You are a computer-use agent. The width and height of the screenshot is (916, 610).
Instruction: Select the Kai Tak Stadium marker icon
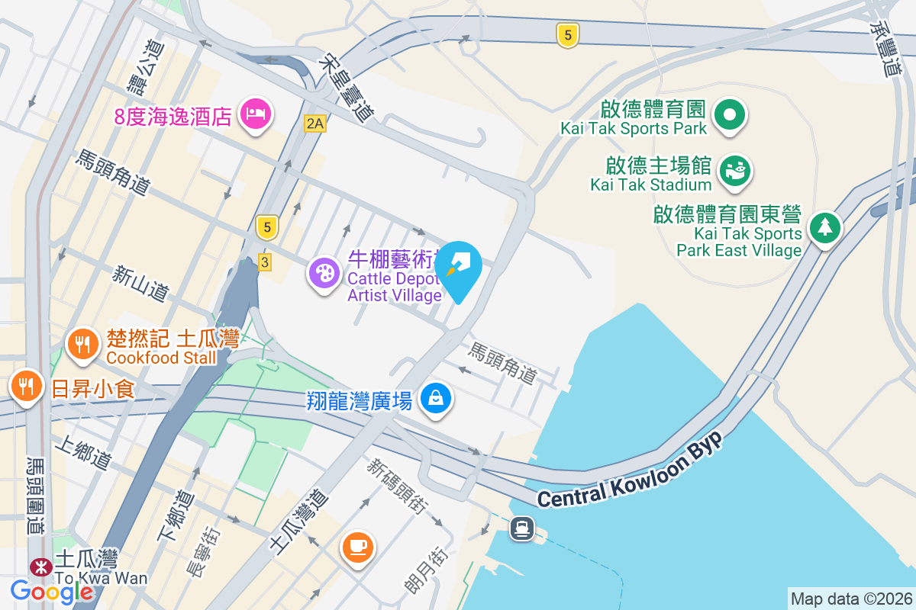(x=736, y=169)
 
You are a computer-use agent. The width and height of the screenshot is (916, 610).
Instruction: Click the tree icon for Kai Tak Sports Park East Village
(x=824, y=227)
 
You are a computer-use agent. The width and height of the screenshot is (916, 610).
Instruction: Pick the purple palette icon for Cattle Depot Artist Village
(x=325, y=273)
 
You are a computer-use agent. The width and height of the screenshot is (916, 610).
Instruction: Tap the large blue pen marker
(x=460, y=267)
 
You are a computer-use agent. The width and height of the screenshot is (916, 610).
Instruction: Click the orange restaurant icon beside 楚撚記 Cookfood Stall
(x=82, y=344)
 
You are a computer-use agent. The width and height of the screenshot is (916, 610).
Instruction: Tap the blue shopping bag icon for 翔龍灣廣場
(x=436, y=398)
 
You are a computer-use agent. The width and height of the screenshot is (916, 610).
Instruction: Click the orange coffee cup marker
(x=358, y=546)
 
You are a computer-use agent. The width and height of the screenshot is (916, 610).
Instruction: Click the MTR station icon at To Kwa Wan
(x=38, y=567)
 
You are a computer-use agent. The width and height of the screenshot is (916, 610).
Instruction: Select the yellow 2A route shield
(x=314, y=123)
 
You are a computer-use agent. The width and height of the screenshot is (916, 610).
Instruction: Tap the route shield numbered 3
(x=264, y=261)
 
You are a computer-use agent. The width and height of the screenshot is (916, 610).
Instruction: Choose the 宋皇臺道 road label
(x=347, y=85)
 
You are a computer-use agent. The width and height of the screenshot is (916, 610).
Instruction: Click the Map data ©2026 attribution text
(x=851, y=599)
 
